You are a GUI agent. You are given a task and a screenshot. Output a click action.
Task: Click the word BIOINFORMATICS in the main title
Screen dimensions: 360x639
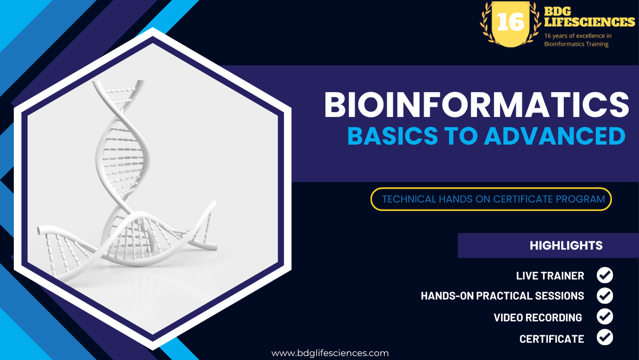[x=476, y=105]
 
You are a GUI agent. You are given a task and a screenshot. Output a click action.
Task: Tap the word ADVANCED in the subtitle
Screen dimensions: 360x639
[x=554, y=136]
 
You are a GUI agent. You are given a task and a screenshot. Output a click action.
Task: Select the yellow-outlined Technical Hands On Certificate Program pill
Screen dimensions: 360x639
[x=491, y=199]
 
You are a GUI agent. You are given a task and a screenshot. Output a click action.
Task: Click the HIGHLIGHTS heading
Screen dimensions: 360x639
[x=566, y=245]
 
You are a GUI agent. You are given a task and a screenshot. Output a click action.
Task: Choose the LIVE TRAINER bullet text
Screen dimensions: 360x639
[x=550, y=276]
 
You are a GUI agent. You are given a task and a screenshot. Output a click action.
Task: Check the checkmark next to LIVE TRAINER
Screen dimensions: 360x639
[x=605, y=275]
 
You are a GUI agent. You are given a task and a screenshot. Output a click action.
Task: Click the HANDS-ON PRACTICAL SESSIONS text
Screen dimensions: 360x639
[x=502, y=296]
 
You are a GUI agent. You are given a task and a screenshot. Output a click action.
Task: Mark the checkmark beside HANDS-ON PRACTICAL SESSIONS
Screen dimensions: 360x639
[x=605, y=296]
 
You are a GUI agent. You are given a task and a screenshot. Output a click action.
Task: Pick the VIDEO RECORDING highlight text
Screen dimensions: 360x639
[x=537, y=318]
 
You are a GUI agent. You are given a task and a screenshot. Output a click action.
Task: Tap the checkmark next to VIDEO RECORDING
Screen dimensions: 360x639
[x=605, y=317]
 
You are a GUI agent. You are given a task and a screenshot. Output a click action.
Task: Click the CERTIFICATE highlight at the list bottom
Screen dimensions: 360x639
[x=552, y=339]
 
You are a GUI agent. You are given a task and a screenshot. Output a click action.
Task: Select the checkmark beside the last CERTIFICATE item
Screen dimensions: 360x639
[x=605, y=337]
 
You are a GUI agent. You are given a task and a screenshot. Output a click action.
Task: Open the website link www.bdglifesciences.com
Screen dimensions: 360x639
[x=330, y=353]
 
